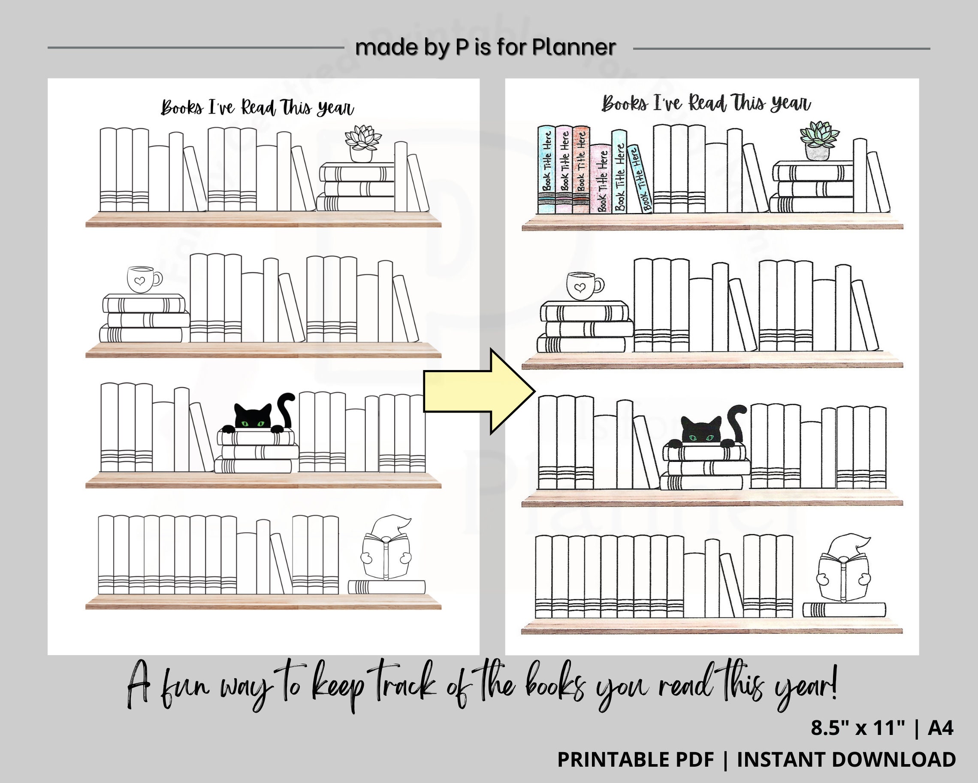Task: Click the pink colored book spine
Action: (601, 179)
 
